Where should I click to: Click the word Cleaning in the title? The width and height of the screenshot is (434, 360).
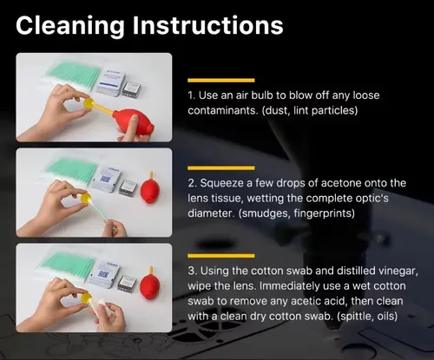70,26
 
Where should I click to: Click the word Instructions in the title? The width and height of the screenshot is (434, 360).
207,25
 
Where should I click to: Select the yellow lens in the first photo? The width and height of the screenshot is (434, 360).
89,103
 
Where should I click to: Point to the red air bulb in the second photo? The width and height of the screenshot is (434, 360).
150,189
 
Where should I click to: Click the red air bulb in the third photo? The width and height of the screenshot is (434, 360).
150,284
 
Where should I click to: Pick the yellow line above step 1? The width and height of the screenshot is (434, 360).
221,80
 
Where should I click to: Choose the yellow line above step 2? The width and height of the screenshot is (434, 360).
221,168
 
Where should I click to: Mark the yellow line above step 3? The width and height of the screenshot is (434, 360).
221,256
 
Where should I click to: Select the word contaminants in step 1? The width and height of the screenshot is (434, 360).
223,110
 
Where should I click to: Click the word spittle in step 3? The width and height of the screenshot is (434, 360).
355,316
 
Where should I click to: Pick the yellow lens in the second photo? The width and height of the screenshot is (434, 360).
86,199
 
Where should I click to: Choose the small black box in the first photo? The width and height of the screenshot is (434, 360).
132,88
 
